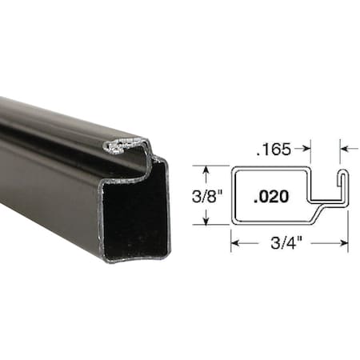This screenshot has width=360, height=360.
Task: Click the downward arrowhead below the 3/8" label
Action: click(x=206, y=222)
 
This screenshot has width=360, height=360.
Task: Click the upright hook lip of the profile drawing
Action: click(x=343, y=186)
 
